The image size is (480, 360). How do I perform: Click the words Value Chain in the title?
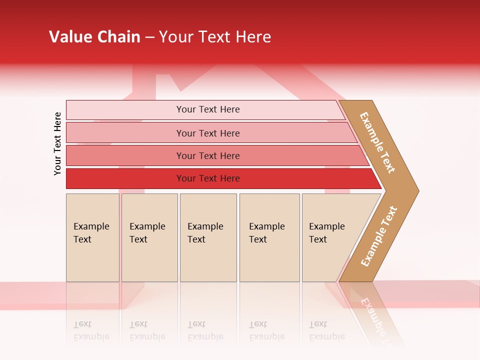point(94,37)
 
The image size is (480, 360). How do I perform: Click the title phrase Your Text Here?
point(215,37)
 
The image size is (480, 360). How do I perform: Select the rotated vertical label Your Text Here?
point(57,143)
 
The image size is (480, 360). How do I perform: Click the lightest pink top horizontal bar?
point(125,110)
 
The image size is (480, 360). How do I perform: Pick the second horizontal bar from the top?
point(125,133)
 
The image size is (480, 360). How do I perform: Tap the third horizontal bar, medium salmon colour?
point(125,155)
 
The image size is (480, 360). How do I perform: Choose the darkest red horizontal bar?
point(125,178)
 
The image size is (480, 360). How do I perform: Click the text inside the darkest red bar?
point(208,178)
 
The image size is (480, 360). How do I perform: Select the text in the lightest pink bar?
point(208,109)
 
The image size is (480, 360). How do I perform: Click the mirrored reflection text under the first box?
point(91,330)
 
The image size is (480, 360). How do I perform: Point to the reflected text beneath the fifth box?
point(326,330)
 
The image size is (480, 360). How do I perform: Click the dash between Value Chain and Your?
point(149,37)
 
